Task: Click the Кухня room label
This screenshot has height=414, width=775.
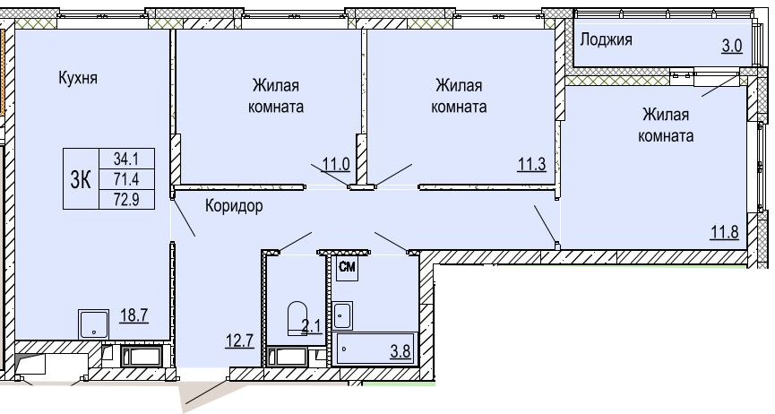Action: pos(78,78)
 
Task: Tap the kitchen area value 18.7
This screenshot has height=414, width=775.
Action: pos(134,315)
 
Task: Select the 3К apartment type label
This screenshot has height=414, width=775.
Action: pos(81,179)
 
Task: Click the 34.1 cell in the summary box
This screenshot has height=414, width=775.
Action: pos(126,159)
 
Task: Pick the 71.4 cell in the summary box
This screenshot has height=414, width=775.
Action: pos(126,179)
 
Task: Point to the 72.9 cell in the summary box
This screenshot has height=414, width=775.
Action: pos(126,199)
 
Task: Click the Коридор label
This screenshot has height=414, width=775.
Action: pos(234,206)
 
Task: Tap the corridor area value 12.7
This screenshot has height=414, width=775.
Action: pos(239,341)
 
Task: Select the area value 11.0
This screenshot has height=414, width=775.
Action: pos(336,164)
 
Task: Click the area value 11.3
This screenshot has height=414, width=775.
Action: pos(532,164)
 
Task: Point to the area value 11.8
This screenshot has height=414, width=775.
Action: pos(725,231)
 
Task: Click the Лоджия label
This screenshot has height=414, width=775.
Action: pos(606,39)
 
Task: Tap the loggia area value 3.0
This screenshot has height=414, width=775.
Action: pos(732,46)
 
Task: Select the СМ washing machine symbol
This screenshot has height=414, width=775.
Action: pos(347,268)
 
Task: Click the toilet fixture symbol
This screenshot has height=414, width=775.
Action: pos(297,317)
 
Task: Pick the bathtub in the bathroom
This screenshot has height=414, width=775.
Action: pos(375,349)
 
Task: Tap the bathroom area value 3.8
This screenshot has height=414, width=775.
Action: pos(400,351)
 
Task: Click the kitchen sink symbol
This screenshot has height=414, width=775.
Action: pos(93,324)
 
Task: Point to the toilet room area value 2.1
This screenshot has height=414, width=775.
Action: pos(312,326)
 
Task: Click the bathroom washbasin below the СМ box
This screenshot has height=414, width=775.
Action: pos(342,315)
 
